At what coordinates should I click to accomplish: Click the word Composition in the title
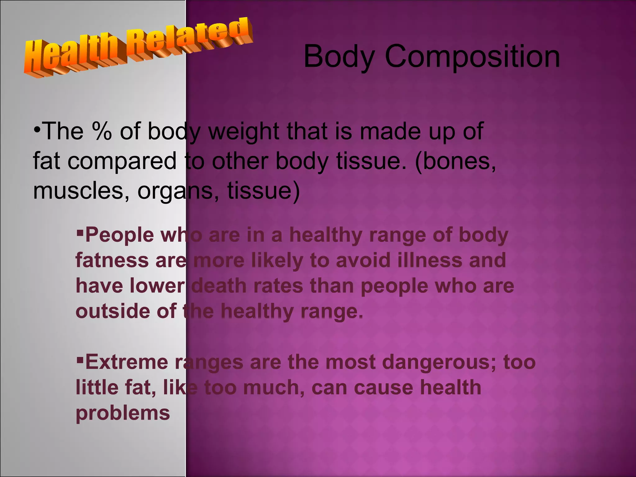[472, 57]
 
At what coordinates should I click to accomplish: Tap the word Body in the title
[339, 57]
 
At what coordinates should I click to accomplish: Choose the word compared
[122, 161]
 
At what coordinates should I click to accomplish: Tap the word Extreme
[126, 362]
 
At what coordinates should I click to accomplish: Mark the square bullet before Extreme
[80, 359]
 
